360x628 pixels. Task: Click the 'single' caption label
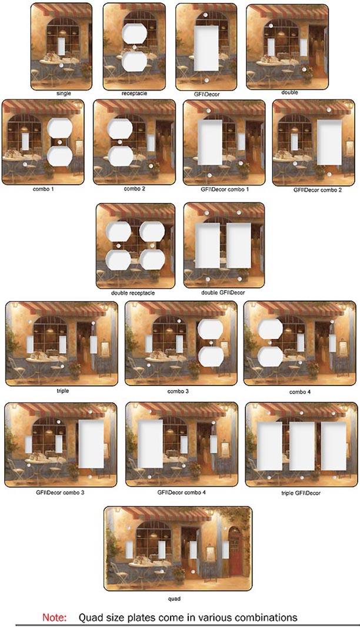(x=64, y=94)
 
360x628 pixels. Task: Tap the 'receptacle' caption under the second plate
(x=134, y=94)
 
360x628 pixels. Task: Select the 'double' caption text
(x=289, y=92)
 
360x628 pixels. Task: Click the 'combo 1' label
(x=44, y=189)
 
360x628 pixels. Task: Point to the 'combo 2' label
(x=134, y=189)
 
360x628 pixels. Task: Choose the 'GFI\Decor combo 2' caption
(x=318, y=190)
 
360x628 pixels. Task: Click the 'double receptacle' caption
(x=133, y=293)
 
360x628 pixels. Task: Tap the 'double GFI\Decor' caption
(x=223, y=293)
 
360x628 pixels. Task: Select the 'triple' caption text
(x=63, y=390)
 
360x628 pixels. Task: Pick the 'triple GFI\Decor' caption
(x=301, y=493)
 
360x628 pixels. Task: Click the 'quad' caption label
(x=174, y=599)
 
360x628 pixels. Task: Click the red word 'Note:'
(x=55, y=617)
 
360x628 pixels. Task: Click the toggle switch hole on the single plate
(x=61, y=46)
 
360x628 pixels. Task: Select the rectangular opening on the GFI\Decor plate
(x=206, y=48)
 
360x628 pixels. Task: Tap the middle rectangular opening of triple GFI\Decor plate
(x=302, y=446)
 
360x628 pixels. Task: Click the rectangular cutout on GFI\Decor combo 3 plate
(x=91, y=444)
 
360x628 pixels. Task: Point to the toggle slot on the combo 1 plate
(x=25, y=142)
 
